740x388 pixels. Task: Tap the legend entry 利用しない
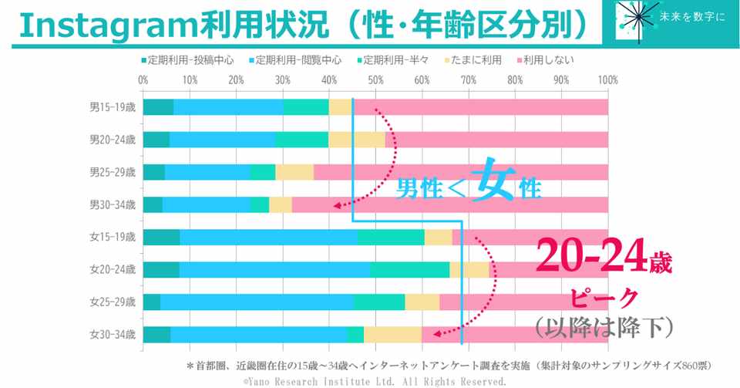[548, 59]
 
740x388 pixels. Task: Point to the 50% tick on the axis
[375, 79]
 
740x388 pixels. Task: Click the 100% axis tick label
[607, 79]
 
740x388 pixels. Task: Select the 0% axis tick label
[143, 79]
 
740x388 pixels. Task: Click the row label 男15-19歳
[113, 107]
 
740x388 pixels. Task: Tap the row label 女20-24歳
[113, 269]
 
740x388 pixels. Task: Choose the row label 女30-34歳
[113, 334]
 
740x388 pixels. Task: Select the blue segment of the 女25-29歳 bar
[257, 302]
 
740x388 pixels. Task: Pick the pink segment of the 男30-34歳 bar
[449, 204]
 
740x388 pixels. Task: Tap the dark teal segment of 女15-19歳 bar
[162, 237]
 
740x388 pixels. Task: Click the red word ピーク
[604, 297]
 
